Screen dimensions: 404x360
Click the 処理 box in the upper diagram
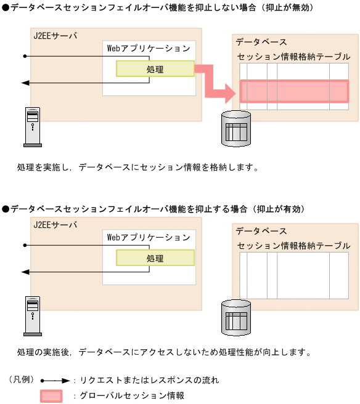[155, 69]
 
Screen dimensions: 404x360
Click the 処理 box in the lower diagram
[155, 257]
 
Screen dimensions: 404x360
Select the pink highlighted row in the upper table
[294, 91]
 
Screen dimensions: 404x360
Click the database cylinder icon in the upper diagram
[236, 129]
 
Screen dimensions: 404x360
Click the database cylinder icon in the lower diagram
[236, 317]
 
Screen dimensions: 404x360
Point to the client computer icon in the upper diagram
[31, 127]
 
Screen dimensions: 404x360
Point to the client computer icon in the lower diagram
[31, 315]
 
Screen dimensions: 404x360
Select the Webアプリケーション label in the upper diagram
[149, 48]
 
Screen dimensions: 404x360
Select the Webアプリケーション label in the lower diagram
[149, 236]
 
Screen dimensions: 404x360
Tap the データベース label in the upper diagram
[261, 42]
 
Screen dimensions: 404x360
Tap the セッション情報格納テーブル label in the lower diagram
[293, 245]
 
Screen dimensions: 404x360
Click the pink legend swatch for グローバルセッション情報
[51, 396]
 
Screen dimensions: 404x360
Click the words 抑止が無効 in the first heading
[290, 7]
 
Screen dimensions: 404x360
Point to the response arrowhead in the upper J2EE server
[25, 82]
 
